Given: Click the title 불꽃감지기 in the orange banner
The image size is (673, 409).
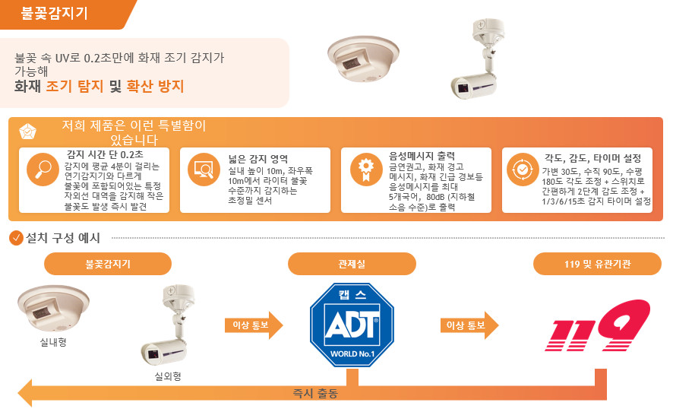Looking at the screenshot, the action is [x=54, y=13].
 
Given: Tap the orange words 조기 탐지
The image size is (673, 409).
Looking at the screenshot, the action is [x=74, y=86].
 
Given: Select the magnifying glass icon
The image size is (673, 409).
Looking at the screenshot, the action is [x=43, y=170].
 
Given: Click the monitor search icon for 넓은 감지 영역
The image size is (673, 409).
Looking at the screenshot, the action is [x=204, y=170].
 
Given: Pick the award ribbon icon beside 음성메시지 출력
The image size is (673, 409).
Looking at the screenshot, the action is [x=365, y=170].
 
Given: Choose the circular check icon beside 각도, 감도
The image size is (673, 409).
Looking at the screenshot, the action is [x=523, y=170].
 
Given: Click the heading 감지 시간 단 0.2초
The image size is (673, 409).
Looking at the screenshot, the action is [x=105, y=154].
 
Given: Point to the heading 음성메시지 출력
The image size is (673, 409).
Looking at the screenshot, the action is [x=422, y=156].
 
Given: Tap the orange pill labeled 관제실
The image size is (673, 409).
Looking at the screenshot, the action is [x=352, y=264].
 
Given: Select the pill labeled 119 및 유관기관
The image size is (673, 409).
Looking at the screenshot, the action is [x=597, y=264].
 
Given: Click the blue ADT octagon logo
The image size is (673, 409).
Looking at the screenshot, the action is [x=352, y=325].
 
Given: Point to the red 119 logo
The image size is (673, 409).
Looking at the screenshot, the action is [x=598, y=325].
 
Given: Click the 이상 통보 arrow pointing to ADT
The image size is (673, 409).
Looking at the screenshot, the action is [x=254, y=325].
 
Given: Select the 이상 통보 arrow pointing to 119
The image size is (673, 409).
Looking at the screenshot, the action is [x=469, y=325].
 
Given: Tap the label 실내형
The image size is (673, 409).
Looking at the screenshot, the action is [x=53, y=342].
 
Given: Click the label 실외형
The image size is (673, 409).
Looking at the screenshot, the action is [x=168, y=376].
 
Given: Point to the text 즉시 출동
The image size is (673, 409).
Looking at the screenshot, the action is [x=315, y=393].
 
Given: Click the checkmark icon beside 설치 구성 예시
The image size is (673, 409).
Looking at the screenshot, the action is [x=16, y=238].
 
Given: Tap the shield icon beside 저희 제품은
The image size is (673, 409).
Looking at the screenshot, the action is [x=28, y=132].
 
